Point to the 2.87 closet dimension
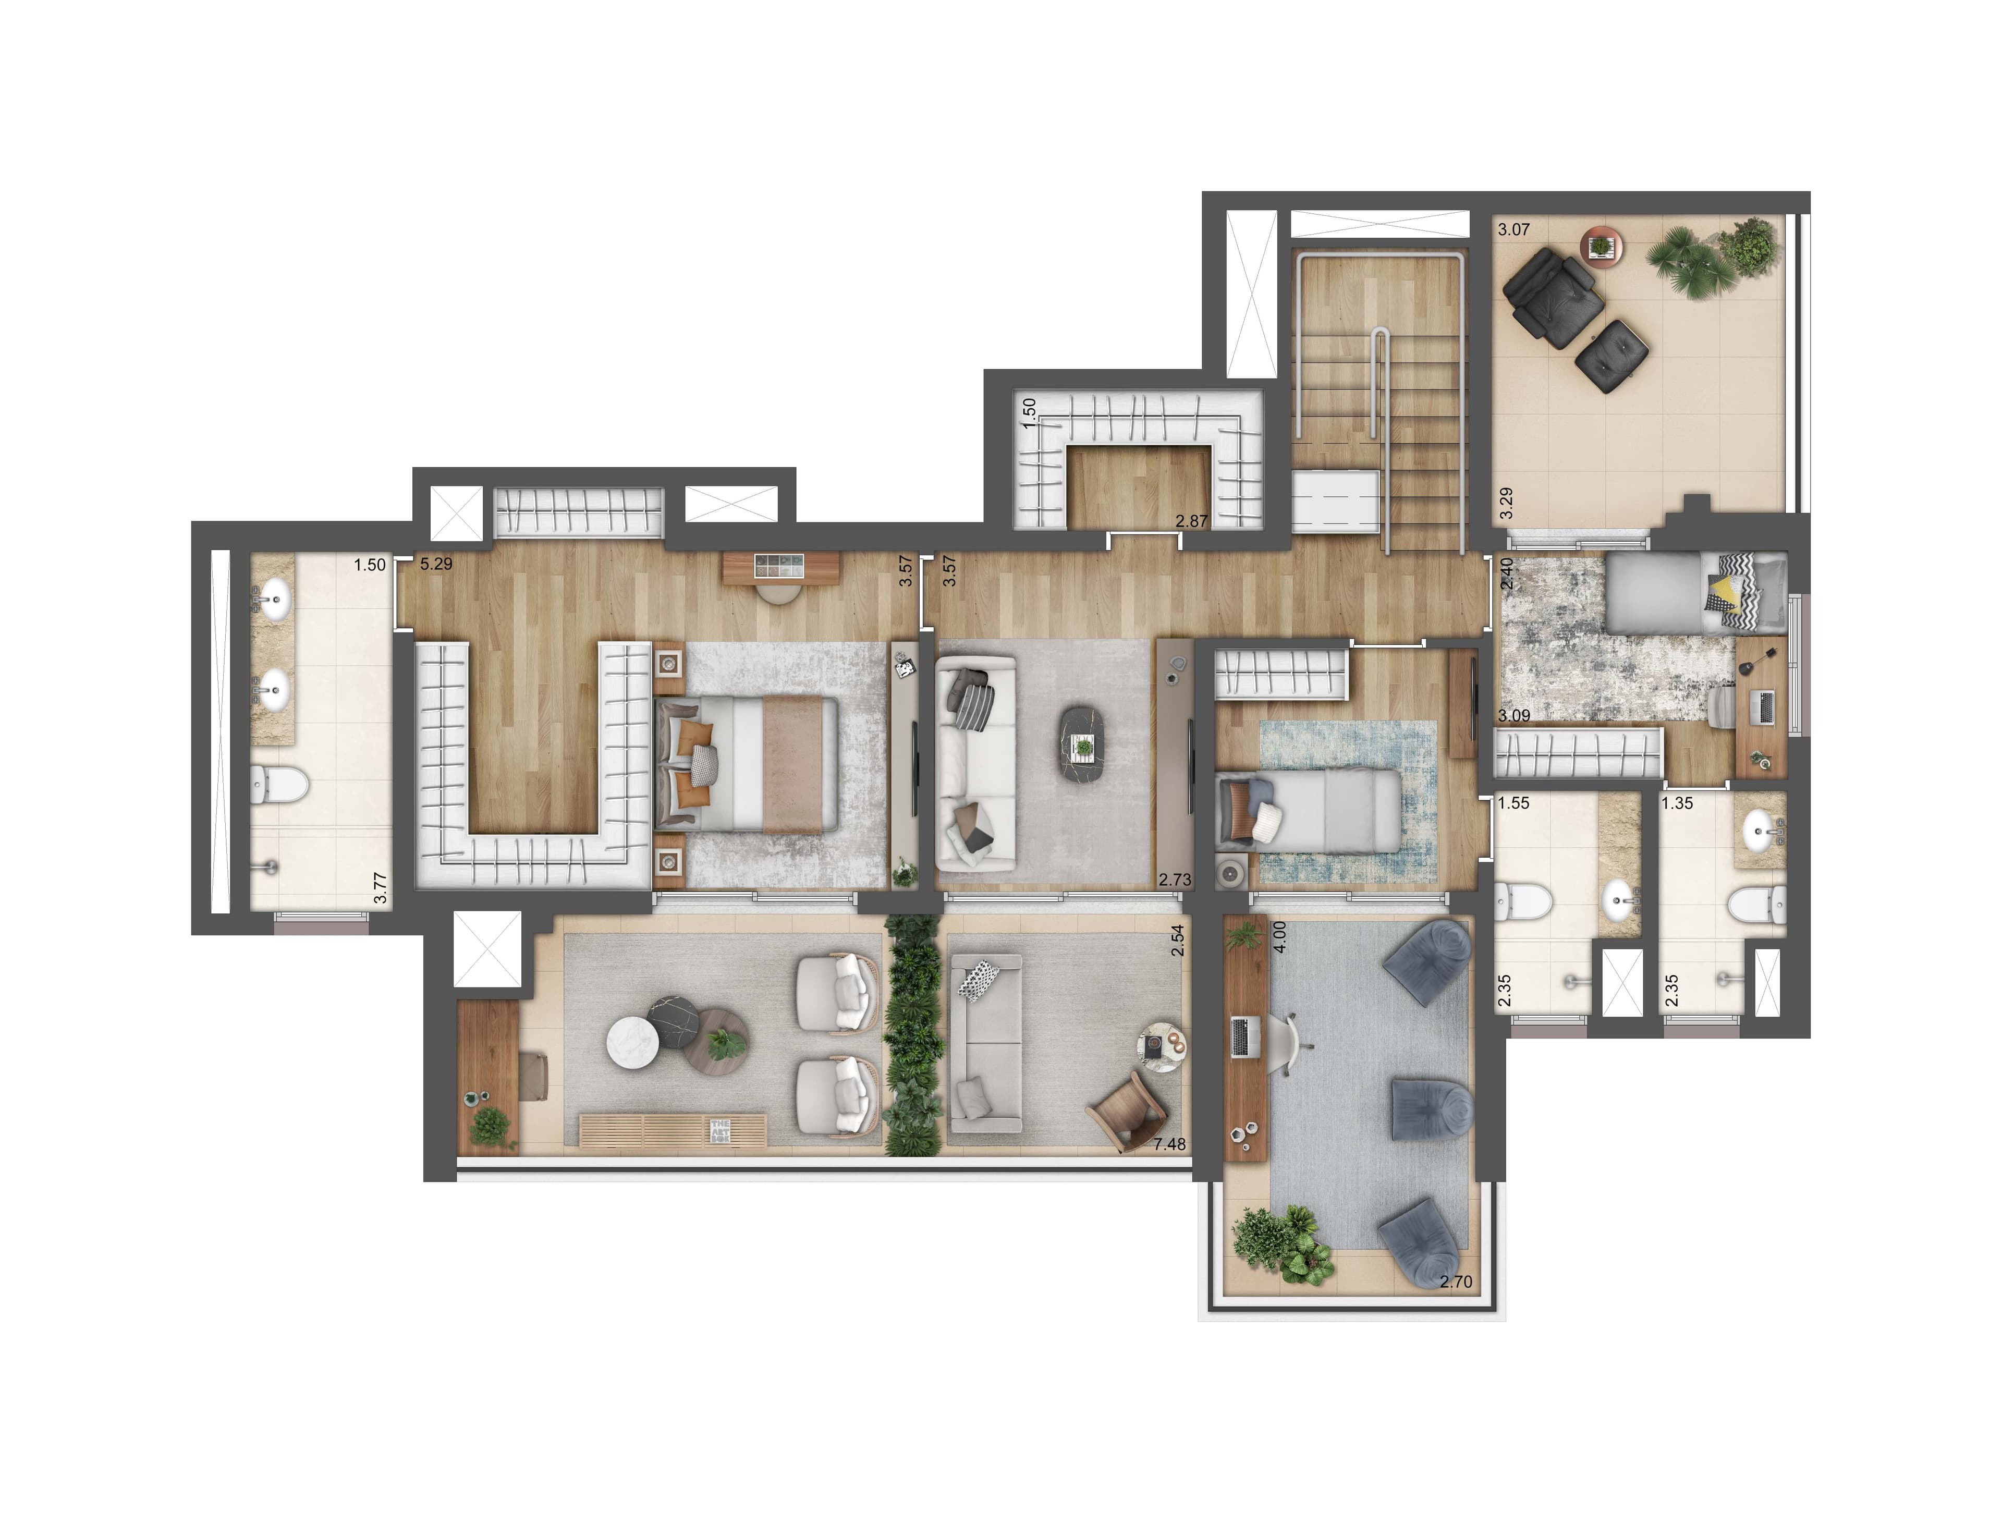1191,521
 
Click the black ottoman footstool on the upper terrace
1610,357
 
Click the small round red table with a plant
1601,245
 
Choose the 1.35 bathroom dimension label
1677,803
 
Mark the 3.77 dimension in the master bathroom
381,888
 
